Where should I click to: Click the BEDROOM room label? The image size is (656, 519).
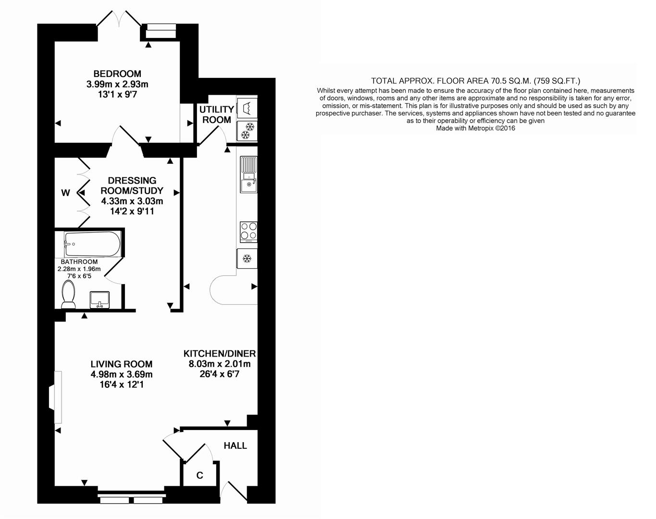click(x=117, y=74)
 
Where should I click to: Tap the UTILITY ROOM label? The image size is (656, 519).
click(x=216, y=114)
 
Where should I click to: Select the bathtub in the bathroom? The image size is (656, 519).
click(x=92, y=244)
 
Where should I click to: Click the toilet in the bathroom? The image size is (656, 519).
click(x=68, y=295)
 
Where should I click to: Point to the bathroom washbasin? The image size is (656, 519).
click(x=100, y=299)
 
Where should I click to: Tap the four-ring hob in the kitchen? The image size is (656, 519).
click(x=248, y=231)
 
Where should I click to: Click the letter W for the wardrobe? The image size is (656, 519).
click(x=65, y=193)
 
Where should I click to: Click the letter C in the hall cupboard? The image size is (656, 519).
click(x=199, y=476)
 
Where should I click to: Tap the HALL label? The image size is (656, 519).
click(x=235, y=446)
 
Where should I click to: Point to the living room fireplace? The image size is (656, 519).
click(x=55, y=397)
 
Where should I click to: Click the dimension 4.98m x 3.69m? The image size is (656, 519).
click(x=122, y=375)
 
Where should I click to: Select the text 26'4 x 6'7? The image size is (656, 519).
click(x=219, y=374)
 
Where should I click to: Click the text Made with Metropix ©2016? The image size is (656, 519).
click(x=475, y=128)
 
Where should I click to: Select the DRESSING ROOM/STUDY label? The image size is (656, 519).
click(x=132, y=185)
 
